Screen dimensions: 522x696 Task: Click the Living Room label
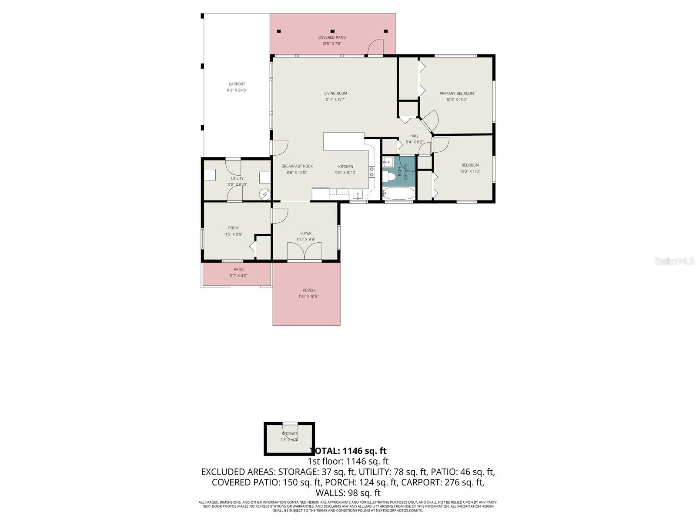[x=335, y=93]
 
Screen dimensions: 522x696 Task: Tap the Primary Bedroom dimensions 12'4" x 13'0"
[x=456, y=100]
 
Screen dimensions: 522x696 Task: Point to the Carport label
[x=237, y=84]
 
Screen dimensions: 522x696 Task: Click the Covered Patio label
[x=332, y=37]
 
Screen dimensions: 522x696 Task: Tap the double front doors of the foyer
[x=305, y=252]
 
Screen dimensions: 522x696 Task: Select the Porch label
[x=308, y=290]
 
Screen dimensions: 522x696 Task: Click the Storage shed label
[x=289, y=434]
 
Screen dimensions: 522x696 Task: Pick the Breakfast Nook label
[x=297, y=166]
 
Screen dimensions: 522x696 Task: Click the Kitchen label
[x=346, y=167]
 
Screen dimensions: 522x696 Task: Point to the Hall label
[x=415, y=136]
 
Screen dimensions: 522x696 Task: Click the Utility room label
[x=237, y=178]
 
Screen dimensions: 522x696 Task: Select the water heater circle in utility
[x=264, y=194]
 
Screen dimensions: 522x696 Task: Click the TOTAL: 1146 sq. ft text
[x=348, y=451]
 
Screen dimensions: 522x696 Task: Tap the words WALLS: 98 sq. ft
[x=348, y=493]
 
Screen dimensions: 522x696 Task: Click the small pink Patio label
[x=238, y=269]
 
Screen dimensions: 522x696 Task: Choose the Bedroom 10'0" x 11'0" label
[x=470, y=165]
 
